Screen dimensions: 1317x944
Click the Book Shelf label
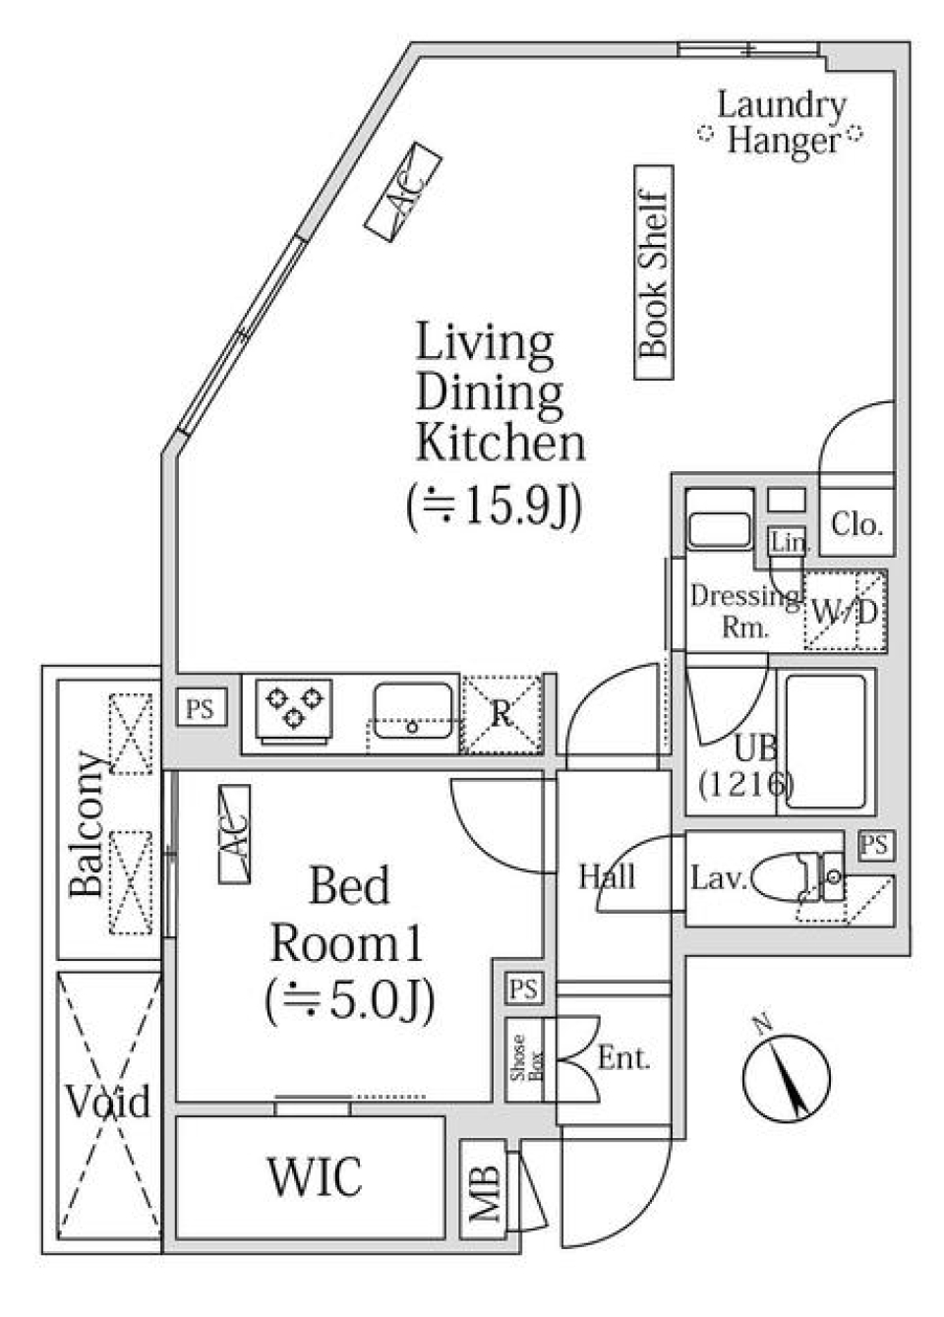pyautogui.click(x=654, y=272)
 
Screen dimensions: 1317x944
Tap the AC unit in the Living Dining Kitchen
pyautogui.click(x=402, y=190)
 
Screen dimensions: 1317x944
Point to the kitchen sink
pyautogui.click(x=412, y=710)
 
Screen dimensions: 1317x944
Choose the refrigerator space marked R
pyautogui.click(x=501, y=713)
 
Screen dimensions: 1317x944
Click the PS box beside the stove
pyautogui.click(x=202, y=708)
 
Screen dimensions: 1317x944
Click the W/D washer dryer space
pyautogui.click(x=845, y=611)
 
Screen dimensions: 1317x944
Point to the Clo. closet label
pyautogui.click(x=856, y=524)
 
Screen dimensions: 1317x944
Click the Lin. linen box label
pyautogui.click(x=788, y=542)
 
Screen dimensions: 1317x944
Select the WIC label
pyautogui.click(x=314, y=1177)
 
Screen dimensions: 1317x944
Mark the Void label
pyautogui.click(x=108, y=1102)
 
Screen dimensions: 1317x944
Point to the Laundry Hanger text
pyautogui.click(x=782, y=122)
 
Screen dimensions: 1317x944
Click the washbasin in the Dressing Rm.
pyautogui.click(x=719, y=530)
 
